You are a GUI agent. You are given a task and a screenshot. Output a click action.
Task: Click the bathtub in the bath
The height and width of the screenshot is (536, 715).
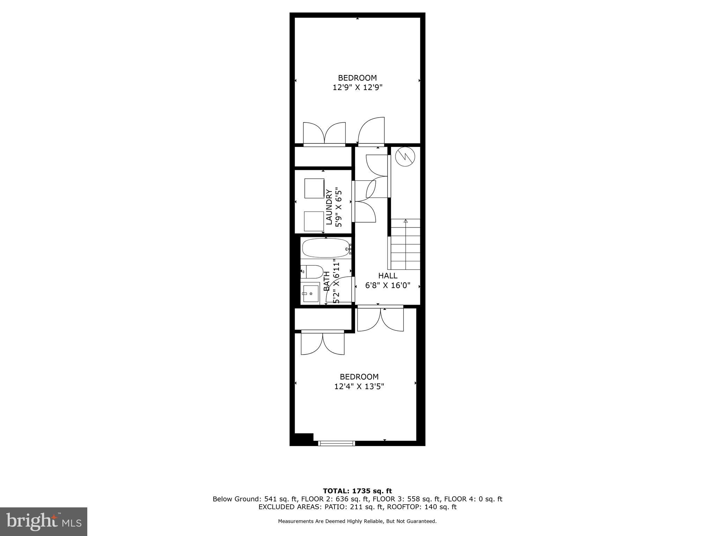pos(325,248)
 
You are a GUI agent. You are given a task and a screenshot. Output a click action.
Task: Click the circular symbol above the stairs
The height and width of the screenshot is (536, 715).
pos(405,157)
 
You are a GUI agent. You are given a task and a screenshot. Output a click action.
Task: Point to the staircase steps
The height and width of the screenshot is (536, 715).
pos(405,244)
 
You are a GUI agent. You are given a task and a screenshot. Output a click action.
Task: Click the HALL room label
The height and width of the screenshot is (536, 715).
pos(388,276)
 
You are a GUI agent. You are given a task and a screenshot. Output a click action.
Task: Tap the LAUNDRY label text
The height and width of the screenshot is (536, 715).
pos(329,207)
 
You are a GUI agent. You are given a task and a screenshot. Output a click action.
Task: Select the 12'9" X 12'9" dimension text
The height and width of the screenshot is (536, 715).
pos(357,87)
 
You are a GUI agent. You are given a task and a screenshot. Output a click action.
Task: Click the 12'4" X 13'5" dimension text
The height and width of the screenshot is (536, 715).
pos(359,386)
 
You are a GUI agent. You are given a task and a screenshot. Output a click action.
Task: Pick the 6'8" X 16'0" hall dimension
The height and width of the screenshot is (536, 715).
pos(388,285)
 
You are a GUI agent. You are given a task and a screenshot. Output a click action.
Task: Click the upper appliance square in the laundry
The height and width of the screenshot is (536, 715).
pos(314,188)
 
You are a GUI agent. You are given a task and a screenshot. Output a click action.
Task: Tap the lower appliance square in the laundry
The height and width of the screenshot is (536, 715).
pos(314,221)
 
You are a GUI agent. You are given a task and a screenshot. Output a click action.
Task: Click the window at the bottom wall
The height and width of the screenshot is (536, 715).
pos(337,443)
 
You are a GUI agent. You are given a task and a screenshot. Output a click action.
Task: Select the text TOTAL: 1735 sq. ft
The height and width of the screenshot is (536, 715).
pos(357,491)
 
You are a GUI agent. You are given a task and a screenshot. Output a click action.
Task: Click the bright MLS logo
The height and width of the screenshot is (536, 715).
pos(44,521)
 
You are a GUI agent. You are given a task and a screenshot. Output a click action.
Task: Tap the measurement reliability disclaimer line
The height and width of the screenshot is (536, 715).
pos(357,521)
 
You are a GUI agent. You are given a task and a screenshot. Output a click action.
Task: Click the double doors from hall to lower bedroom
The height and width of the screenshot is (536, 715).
pos(381,318)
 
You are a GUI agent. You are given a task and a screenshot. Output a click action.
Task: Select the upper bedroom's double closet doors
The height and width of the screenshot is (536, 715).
pos(324,133)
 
